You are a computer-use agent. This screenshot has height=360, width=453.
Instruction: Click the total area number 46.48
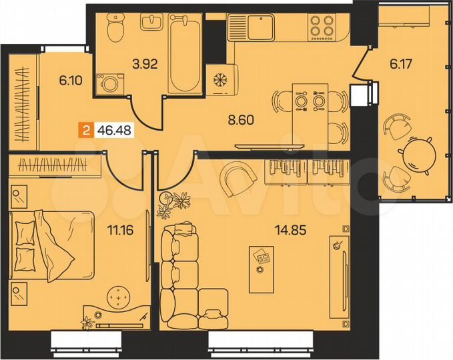pos(115,131)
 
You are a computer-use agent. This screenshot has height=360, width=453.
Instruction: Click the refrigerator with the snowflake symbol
pos(217,79)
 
